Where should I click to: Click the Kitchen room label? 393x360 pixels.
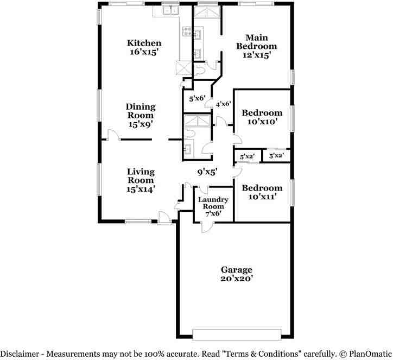(144, 43)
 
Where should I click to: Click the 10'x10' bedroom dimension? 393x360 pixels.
(262, 122)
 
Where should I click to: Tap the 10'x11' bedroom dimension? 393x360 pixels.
(262, 197)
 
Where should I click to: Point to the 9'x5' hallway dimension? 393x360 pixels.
(207, 172)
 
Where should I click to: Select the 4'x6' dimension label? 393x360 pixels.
(224, 104)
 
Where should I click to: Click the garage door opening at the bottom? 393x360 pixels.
(237, 332)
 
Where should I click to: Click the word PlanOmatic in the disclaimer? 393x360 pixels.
(367, 354)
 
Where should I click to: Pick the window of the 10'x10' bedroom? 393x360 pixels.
(291, 118)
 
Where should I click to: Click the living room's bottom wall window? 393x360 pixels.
(138, 221)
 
